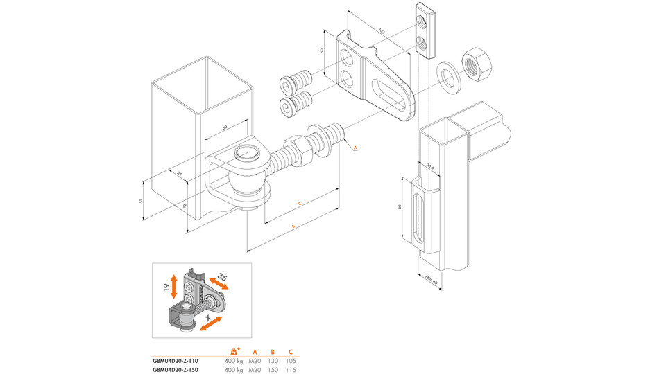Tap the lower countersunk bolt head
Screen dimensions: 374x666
(x=287, y=107)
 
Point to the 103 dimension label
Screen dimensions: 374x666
(x=381, y=30)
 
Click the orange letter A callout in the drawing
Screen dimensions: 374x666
(x=354, y=148)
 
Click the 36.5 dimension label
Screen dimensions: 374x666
(x=429, y=167)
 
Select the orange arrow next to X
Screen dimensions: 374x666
(x=212, y=323)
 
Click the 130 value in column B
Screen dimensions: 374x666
(x=273, y=361)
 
